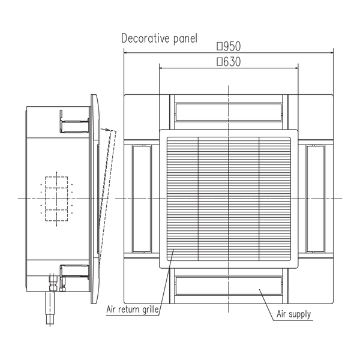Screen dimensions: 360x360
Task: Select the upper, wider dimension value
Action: [x=228, y=46]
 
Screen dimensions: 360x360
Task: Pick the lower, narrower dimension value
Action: [x=228, y=61]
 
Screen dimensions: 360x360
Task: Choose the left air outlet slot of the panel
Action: [x=141, y=198]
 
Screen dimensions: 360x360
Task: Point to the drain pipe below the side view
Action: [x=50, y=306]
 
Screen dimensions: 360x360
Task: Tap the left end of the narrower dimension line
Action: [x=159, y=68]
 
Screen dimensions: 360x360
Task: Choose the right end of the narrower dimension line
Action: [x=297, y=68]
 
